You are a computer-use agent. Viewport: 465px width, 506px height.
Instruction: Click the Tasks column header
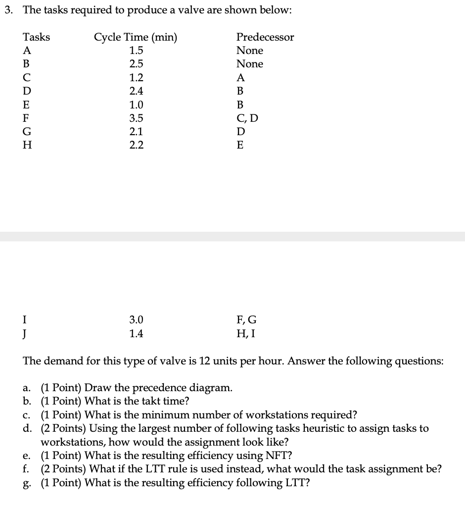point(37,37)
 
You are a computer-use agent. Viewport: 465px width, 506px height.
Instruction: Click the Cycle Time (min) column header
point(136,37)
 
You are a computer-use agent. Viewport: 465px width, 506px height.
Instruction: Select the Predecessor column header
point(265,37)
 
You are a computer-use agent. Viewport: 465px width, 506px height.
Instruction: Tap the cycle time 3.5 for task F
point(136,118)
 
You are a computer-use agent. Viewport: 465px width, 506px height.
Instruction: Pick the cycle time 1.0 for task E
point(136,105)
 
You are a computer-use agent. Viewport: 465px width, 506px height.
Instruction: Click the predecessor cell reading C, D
point(247,118)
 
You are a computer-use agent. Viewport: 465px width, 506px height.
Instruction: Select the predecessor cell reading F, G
point(247,320)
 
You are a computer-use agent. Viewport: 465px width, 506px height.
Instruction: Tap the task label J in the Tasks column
point(26,334)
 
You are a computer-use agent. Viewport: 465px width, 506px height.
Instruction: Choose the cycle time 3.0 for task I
point(136,320)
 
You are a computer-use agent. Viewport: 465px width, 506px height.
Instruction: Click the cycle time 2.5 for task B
point(136,64)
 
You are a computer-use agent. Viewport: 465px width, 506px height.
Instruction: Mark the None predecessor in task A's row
point(250,51)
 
